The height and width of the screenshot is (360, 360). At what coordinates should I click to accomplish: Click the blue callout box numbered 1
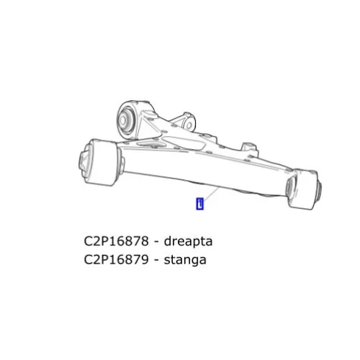coord(199,204)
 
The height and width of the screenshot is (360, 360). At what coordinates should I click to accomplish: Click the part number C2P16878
coord(117,241)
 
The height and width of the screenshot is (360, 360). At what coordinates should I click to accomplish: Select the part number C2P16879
coord(117,260)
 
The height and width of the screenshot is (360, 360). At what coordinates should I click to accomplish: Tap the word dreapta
coord(188,241)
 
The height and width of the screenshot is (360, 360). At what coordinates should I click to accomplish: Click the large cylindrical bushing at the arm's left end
coord(103,163)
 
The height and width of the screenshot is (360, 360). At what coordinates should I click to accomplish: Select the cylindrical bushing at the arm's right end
coord(303,189)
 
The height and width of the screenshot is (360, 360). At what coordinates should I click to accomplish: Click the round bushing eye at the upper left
coord(132,120)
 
